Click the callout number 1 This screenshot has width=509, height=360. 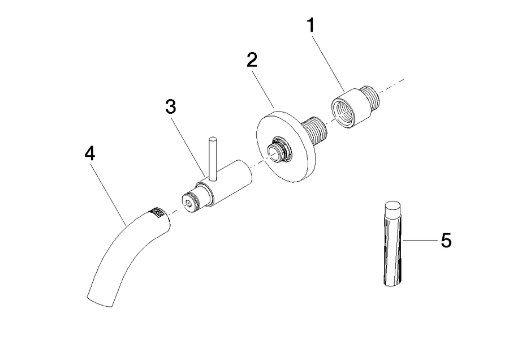[310, 25]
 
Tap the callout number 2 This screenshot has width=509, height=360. [252, 60]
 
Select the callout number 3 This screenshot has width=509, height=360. [170, 106]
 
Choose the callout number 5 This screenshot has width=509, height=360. [446, 241]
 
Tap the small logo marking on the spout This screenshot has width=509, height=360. [157, 212]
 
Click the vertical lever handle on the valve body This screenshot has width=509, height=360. [213, 158]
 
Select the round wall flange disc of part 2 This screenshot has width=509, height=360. [286, 147]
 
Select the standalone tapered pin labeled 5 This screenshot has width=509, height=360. [392, 244]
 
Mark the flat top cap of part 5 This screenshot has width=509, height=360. [392, 206]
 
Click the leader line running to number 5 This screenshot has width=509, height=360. [420, 241]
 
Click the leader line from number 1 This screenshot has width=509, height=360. [328, 64]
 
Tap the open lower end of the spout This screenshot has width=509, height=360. [100, 302]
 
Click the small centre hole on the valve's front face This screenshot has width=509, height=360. [188, 203]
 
